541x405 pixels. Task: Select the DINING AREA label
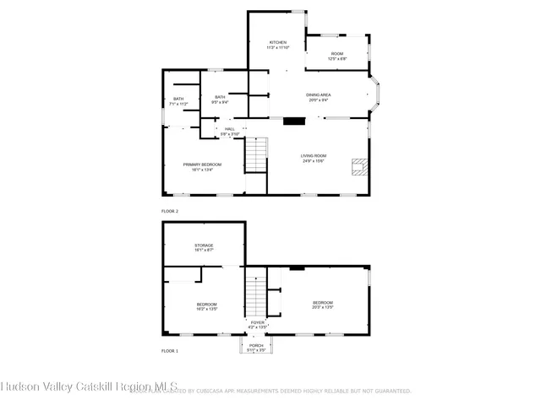[319, 97]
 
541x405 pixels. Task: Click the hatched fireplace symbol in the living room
[361, 166]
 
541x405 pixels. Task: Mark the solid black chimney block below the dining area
[293, 121]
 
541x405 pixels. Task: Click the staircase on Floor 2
[256, 156]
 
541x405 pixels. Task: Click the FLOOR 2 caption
[170, 211]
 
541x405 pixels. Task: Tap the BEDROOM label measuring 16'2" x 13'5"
[207, 306]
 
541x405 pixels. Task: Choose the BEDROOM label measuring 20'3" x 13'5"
[322, 305]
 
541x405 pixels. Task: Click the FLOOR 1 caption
[170, 350]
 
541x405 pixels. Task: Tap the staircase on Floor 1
[256, 295]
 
